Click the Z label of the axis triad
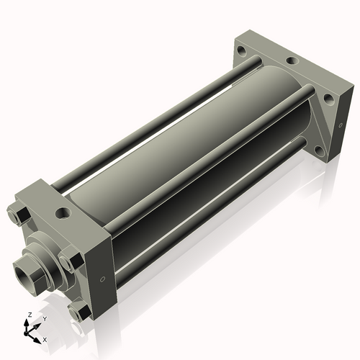tap(30, 315)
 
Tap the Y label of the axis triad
tap(45, 319)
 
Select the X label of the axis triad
tap(45, 340)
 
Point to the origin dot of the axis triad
tap(26, 333)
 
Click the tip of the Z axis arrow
tap(26, 320)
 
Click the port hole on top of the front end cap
tap(63, 212)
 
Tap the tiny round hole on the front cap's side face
tap(102, 279)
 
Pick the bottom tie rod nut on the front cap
tap(80, 312)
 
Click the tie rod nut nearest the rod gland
tap(71, 261)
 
